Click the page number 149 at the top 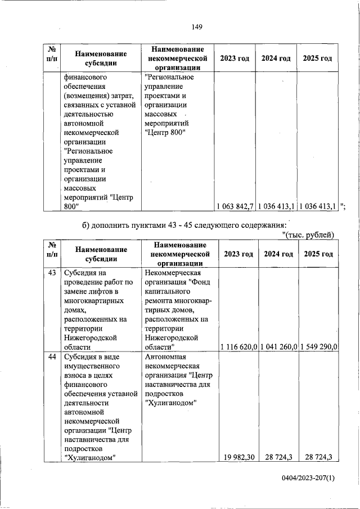pos(196,26)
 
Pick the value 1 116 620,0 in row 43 pos(236,347)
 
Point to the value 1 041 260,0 pos(278,347)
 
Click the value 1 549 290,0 pos(318,347)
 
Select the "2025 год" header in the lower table pos(318,254)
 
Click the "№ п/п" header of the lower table pos(53,254)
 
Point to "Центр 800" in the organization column pos(165,132)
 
